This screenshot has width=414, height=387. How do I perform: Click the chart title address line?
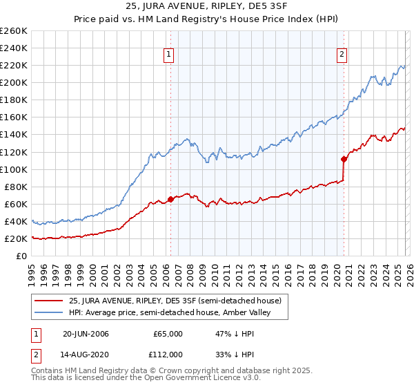tap(207, 8)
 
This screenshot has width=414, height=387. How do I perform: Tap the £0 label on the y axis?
tap(20, 256)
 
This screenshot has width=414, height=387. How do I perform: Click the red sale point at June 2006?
tap(170, 200)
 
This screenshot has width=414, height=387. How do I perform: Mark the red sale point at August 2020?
tap(344, 159)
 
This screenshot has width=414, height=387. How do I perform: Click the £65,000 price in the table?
tap(168, 334)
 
